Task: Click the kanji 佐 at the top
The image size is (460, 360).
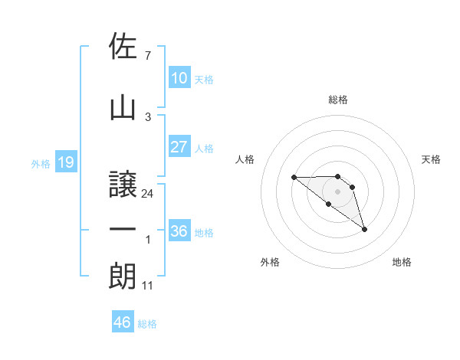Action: tap(123, 46)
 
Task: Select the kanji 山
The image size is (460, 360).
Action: tap(123, 107)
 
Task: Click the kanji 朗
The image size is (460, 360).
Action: tap(123, 277)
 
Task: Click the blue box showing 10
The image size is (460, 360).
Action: tap(179, 78)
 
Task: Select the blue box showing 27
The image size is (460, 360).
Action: tap(179, 147)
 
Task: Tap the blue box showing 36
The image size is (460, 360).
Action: tap(179, 231)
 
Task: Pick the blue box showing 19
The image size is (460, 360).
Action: tap(65, 162)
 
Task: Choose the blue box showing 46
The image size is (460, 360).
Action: tap(122, 322)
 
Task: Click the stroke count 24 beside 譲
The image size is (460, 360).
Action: tap(148, 194)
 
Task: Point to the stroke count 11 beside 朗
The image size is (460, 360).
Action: tap(148, 286)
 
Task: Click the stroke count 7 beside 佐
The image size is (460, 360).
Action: tap(148, 56)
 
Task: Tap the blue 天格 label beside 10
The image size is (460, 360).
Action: tap(204, 79)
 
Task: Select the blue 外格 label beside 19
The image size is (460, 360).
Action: tap(40, 163)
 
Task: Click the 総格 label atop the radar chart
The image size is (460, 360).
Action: tap(338, 100)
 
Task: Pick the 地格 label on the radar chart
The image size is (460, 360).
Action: tap(402, 262)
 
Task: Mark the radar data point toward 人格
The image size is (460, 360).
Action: tap(294, 178)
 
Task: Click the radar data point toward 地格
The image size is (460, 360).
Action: tap(364, 229)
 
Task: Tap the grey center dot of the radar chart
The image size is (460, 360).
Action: tap(338, 191)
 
